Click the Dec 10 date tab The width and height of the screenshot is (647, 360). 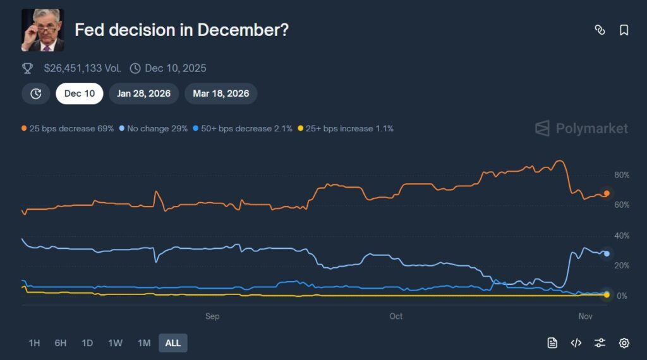[x=80, y=93]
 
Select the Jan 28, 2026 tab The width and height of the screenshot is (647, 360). [x=143, y=93]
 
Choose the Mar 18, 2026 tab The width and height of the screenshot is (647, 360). [x=221, y=93]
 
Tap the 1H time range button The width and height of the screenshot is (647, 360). [x=34, y=343]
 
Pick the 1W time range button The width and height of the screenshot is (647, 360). [x=115, y=343]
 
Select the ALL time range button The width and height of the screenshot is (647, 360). [x=172, y=343]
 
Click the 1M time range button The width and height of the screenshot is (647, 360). [x=144, y=343]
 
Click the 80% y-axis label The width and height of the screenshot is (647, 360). [x=622, y=175]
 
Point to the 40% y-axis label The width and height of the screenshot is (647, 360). [x=622, y=236]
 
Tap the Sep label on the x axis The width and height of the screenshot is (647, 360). [x=212, y=316]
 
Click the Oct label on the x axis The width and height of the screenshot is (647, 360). [x=396, y=316]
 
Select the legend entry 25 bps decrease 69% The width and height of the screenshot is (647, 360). [x=68, y=128]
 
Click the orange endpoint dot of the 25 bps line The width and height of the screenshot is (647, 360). [x=607, y=193]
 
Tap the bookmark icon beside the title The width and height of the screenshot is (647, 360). [x=624, y=30]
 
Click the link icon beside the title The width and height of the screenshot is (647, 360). [x=600, y=30]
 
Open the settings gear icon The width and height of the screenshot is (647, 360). [x=624, y=343]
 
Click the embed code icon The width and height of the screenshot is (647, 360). [x=576, y=343]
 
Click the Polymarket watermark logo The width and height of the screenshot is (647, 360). [x=582, y=128]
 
